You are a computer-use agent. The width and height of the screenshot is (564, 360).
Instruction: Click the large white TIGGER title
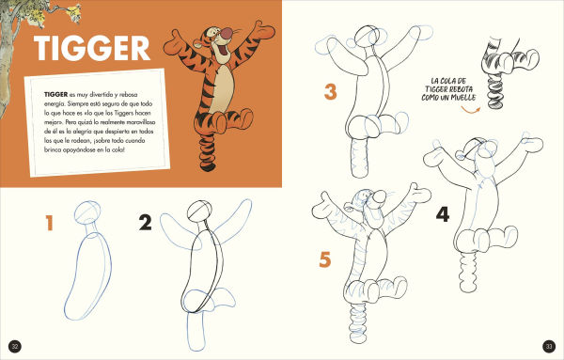pos(92,48)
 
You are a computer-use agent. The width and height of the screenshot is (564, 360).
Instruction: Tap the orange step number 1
pos(50,223)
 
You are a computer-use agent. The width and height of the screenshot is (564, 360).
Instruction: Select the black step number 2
pos(146,223)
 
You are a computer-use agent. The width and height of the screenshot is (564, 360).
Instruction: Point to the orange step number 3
pos(331,92)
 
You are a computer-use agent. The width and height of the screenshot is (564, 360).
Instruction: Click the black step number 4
pos(443,214)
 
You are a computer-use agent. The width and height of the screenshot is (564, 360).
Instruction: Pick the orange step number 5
pos(325,259)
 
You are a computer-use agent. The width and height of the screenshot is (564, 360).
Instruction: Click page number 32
pos(15,347)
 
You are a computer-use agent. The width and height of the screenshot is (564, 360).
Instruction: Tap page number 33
pos(549,347)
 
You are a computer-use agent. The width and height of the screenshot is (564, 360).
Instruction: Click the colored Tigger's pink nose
pos(227,34)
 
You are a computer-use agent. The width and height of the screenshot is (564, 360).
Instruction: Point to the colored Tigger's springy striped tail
pos(208,150)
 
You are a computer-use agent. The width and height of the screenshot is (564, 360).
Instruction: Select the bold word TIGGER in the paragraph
pos(55,94)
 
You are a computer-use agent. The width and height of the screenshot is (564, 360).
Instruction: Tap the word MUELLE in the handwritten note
pos(463,98)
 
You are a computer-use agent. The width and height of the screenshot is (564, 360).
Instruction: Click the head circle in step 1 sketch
pos(87,212)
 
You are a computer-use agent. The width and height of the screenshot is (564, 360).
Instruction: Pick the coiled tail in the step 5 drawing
pos(358,322)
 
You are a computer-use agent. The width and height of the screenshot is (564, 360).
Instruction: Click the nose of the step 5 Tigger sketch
pos(379,197)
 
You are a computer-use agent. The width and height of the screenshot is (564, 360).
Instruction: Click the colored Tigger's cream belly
pos(222,88)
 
